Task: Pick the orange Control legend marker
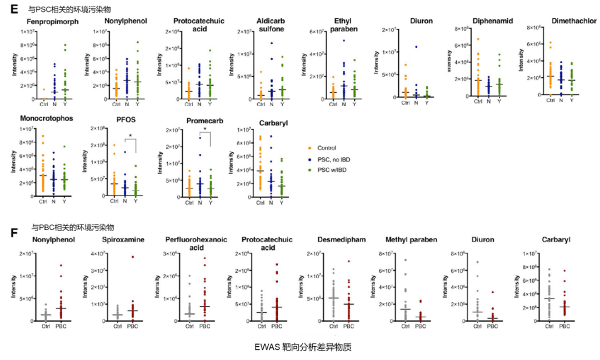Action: [309, 148]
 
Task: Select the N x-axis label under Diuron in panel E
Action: [416, 104]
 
